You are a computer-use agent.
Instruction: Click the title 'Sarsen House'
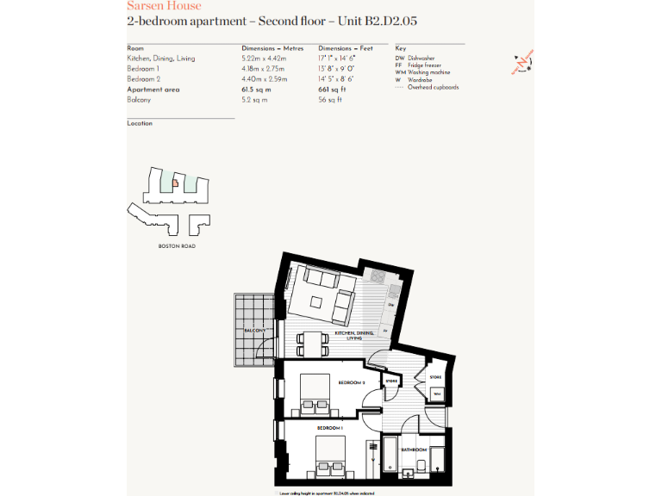pyautogui.click(x=164, y=6)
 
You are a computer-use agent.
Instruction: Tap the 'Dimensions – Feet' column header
pyautogui.click(x=347, y=48)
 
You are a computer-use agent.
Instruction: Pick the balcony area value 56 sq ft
pyautogui.click(x=330, y=100)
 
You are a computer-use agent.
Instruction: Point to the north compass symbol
pyautogui.click(x=522, y=63)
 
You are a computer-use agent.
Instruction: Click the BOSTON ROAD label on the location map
pyautogui.click(x=177, y=246)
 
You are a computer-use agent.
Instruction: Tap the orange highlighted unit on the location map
pyautogui.click(x=175, y=183)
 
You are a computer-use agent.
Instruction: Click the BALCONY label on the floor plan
pyautogui.click(x=253, y=331)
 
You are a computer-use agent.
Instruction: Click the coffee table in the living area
pyautogui.click(x=316, y=303)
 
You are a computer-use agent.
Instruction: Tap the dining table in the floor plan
pyautogui.click(x=314, y=344)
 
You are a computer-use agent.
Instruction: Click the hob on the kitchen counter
pyautogui.click(x=377, y=277)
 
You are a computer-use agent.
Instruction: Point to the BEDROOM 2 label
pyautogui.click(x=352, y=382)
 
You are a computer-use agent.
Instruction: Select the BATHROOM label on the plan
pyautogui.click(x=414, y=449)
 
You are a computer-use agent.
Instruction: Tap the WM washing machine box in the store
pyautogui.click(x=437, y=394)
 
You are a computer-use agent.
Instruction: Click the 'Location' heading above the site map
pyautogui.click(x=140, y=123)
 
